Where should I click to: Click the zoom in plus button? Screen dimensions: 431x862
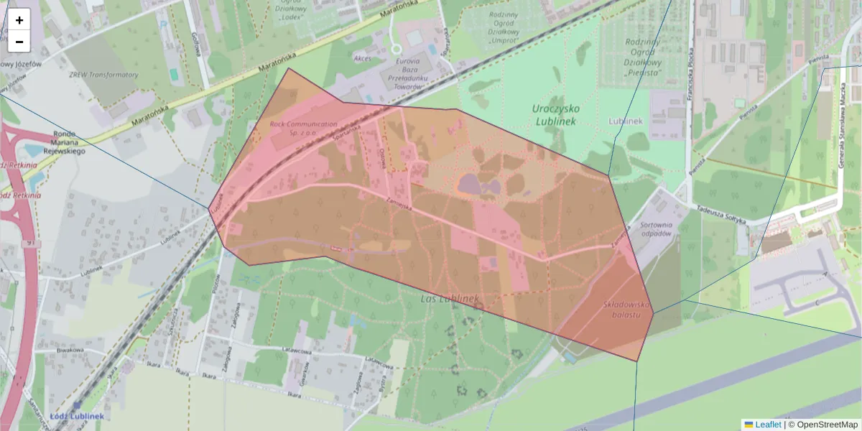(19, 20)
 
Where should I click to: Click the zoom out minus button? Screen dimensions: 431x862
(19, 42)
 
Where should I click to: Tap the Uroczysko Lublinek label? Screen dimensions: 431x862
(556, 115)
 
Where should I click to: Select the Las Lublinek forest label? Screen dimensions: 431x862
(449, 298)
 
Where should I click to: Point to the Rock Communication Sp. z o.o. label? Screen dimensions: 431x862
(303, 128)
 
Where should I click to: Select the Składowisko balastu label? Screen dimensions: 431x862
(626, 310)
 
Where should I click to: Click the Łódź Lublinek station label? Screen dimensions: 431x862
(77, 416)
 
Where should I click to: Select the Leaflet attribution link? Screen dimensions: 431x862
(768, 425)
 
